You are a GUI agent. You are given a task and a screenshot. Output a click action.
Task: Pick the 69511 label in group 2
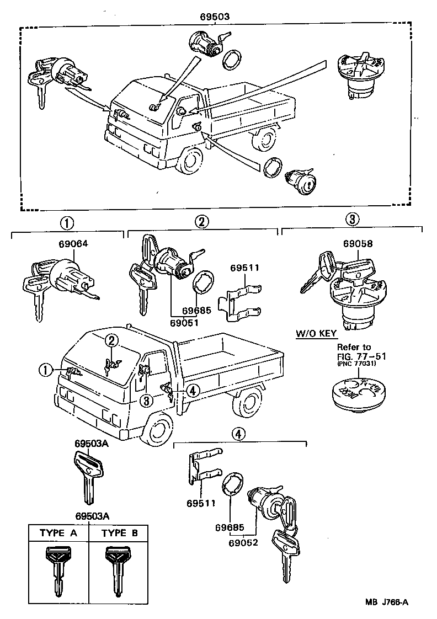click(246, 268)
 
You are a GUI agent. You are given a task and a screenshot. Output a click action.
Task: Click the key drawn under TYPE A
click(58, 571)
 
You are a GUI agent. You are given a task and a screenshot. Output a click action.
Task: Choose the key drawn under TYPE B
click(117, 571)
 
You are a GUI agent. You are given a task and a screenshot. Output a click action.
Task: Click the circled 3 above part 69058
click(353, 220)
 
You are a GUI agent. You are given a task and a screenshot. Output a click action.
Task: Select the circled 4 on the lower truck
click(193, 390)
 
